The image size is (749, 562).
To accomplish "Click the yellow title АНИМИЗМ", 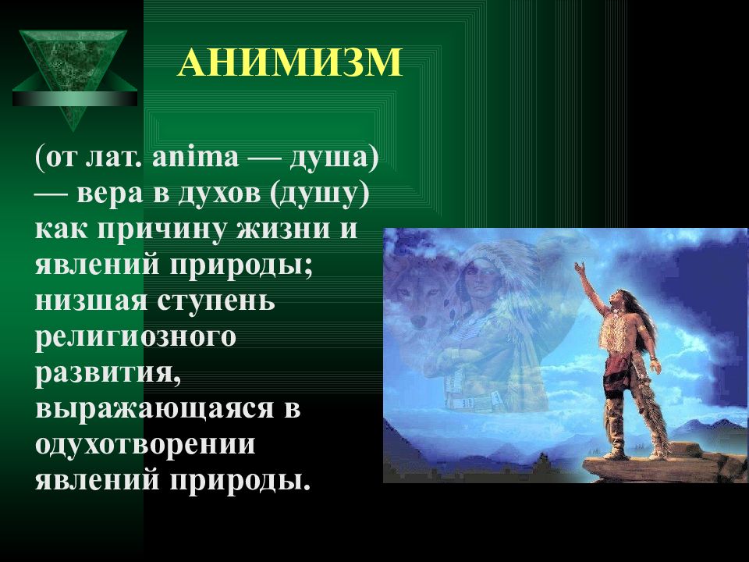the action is tap(290, 62).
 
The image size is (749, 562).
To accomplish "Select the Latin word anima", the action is tap(195, 157).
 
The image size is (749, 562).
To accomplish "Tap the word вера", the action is tap(109, 194).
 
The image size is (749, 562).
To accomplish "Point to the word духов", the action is tap(220, 194).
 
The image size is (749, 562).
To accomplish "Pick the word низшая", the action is tap(91, 301).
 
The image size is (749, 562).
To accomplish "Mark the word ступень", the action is tap(216, 301).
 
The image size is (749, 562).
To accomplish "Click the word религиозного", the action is tap(136, 337).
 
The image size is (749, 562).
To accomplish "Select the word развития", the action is tap(108, 373).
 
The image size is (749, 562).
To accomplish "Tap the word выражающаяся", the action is tap(154, 409).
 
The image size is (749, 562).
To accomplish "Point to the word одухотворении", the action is tap(145, 445).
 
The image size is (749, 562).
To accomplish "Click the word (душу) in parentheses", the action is tap(320, 194).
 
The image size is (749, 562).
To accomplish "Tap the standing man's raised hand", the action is tap(580, 267).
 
